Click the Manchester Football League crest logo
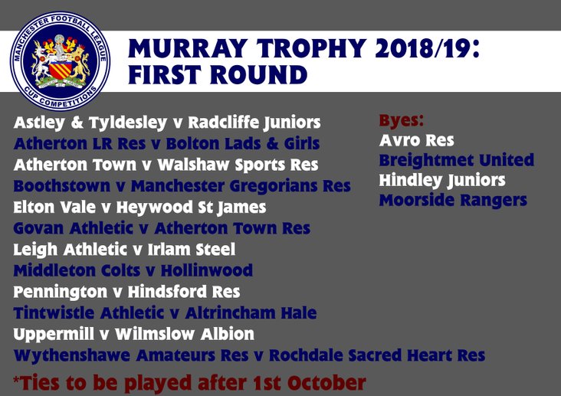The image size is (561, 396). [60, 61]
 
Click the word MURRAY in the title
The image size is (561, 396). [189, 48]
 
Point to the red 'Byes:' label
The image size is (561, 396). [401, 120]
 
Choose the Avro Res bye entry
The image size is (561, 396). [416, 140]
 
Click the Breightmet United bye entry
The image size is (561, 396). [457, 160]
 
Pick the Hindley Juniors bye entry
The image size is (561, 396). [442, 180]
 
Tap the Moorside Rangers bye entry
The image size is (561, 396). [453, 201]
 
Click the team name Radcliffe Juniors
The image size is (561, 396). [254, 123]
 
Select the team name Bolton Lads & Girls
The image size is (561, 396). [243, 143]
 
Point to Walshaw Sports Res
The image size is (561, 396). [238, 165]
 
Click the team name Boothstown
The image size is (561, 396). [62, 186]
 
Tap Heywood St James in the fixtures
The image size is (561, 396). [191, 208]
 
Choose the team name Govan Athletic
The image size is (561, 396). [74, 228]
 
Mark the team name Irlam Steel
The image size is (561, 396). [192, 250]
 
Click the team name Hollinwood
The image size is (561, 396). [207, 270]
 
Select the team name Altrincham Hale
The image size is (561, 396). [251, 313]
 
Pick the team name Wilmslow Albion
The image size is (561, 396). [185, 334]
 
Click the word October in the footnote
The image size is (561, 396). [326, 382]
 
